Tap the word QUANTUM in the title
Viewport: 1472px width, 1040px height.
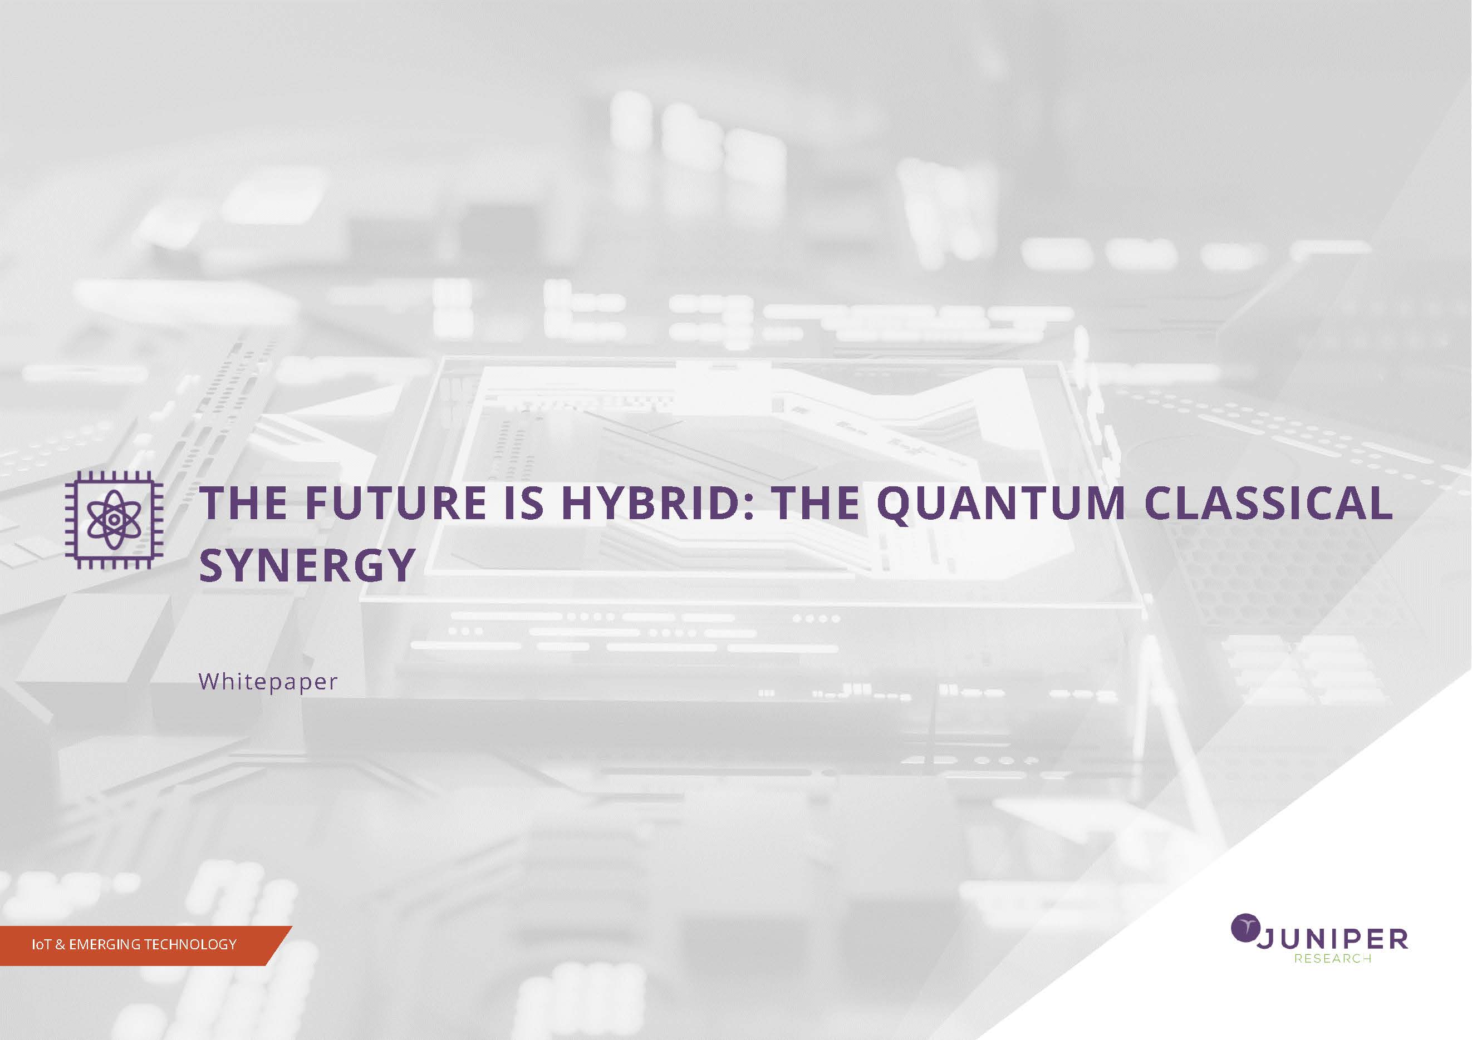point(1000,503)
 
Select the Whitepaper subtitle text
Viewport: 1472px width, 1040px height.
point(268,682)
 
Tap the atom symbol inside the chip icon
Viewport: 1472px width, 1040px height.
point(114,520)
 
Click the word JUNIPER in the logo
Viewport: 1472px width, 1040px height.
point(1332,939)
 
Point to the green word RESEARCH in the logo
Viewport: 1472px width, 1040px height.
point(1332,959)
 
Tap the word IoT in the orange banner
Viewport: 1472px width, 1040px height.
point(42,944)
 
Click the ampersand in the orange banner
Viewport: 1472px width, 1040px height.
point(60,944)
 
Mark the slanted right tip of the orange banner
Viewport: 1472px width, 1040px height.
point(292,926)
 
